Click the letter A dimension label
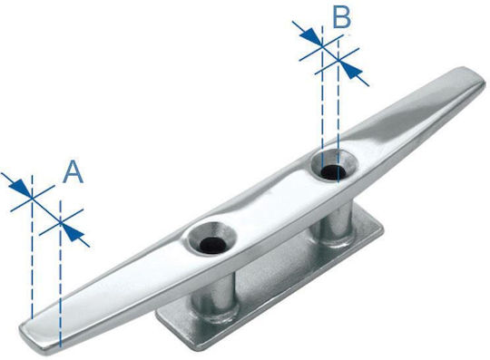coord(73,171)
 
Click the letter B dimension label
coord(342,17)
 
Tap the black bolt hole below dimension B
coord(333,171)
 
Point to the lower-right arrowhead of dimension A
coord(74,233)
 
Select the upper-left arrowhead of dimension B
coord(309,35)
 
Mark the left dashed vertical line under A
coord(32,247)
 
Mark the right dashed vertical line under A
coord(60,274)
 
